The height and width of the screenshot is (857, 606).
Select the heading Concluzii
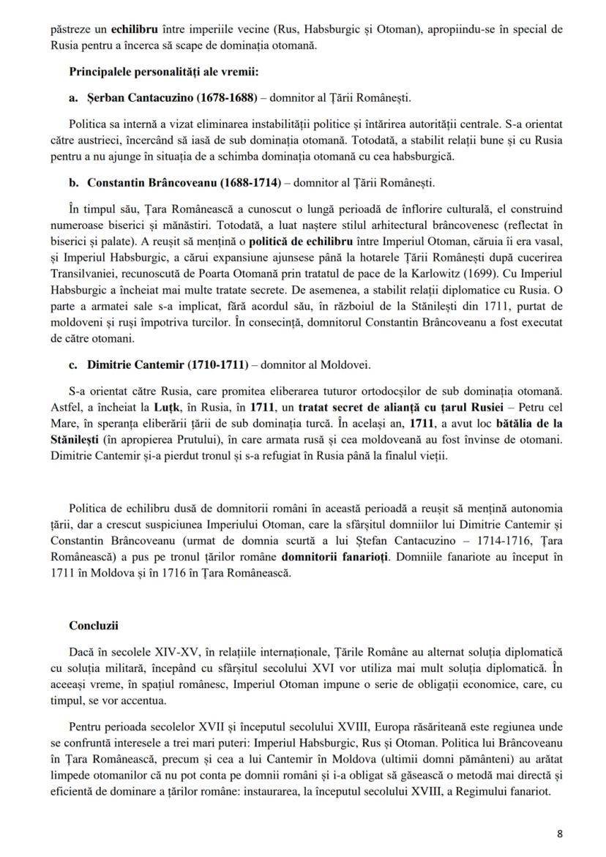[x=94, y=626]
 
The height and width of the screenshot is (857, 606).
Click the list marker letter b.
[x=74, y=182]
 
